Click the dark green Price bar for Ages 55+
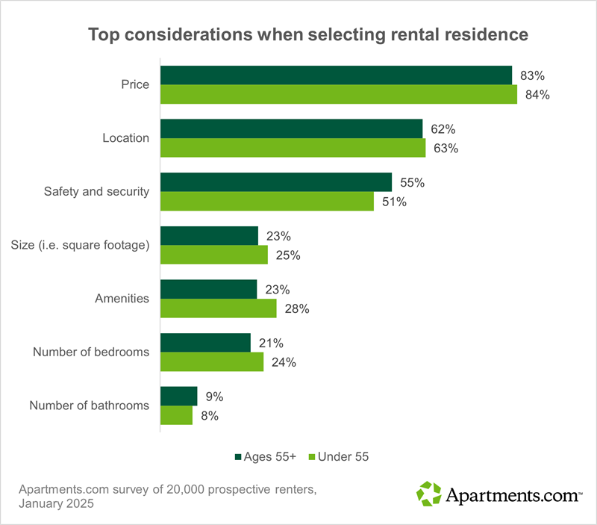click(336, 75)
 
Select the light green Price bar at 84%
click(339, 94)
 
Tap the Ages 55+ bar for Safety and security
click(276, 182)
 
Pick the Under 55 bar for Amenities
click(219, 308)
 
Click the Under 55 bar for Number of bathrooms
click(177, 415)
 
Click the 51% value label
click(394, 202)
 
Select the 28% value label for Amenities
click(296, 308)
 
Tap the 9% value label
click(214, 397)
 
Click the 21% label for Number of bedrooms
click(270, 343)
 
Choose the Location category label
click(126, 138)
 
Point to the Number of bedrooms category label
click(91, 352)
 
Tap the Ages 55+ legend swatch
click(239, 456)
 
